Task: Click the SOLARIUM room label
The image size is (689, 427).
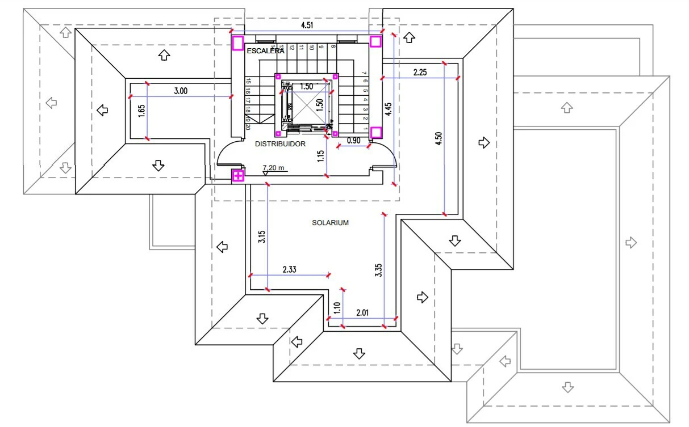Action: click(330, 223)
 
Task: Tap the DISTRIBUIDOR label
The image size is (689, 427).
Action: click(280, 144)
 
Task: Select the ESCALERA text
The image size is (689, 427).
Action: click(265, 51)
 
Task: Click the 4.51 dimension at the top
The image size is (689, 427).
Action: click(307, 25)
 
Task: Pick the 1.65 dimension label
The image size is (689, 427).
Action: click(141, 111)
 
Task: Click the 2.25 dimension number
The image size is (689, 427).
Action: click(420, 72)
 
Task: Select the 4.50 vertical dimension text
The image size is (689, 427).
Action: click(439, 139)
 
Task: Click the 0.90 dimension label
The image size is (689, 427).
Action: click(353, 140)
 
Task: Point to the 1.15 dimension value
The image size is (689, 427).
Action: click(321, 157)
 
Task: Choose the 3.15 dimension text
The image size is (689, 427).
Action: click(261, 237)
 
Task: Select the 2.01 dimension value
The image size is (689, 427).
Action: click(362, 312)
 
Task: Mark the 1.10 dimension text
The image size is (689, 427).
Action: click(336, 308)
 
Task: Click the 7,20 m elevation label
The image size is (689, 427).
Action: click(273, 168)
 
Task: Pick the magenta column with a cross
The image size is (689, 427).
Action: click(239, 175)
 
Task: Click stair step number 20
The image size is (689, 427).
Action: click(248, 127)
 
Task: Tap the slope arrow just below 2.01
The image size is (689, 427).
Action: click(358, 353)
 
